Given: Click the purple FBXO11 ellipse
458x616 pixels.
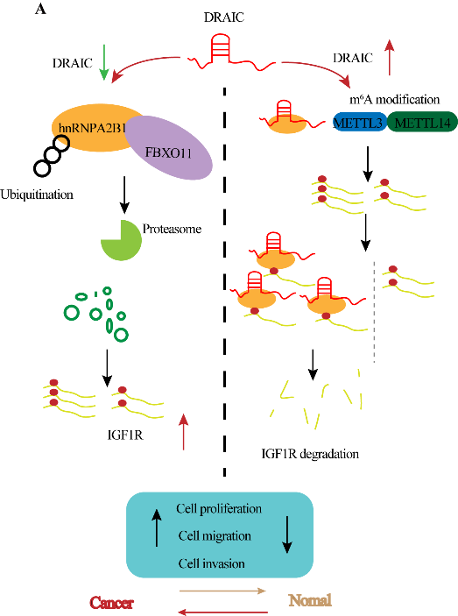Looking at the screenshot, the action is [169, 147].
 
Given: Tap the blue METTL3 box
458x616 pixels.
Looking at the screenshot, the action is [360, 123].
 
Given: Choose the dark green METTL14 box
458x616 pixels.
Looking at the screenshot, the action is [423, 123].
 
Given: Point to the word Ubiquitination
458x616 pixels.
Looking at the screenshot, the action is [37, 195].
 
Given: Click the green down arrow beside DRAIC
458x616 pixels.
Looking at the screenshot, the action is [104, 62].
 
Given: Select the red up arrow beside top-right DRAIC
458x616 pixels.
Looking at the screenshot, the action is [390, 57].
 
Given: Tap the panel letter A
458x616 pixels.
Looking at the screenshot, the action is [40, 9].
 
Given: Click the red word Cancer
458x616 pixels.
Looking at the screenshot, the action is [111, 603].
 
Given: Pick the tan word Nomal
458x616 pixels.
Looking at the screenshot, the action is [310, 600].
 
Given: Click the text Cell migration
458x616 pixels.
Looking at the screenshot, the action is [215, 536].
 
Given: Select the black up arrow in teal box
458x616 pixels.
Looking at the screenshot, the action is [157, 527].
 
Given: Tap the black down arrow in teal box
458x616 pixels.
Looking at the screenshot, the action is [287, 535].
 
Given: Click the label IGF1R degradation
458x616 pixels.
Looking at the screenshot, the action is [310, 454].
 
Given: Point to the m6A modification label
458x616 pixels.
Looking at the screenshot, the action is [394, 99].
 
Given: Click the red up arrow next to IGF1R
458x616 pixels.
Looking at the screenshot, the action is [183, 432].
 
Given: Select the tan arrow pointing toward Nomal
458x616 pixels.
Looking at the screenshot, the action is [222, 591].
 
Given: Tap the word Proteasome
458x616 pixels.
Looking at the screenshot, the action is [172, 229].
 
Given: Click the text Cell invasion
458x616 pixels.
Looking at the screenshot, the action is [212, 563].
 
